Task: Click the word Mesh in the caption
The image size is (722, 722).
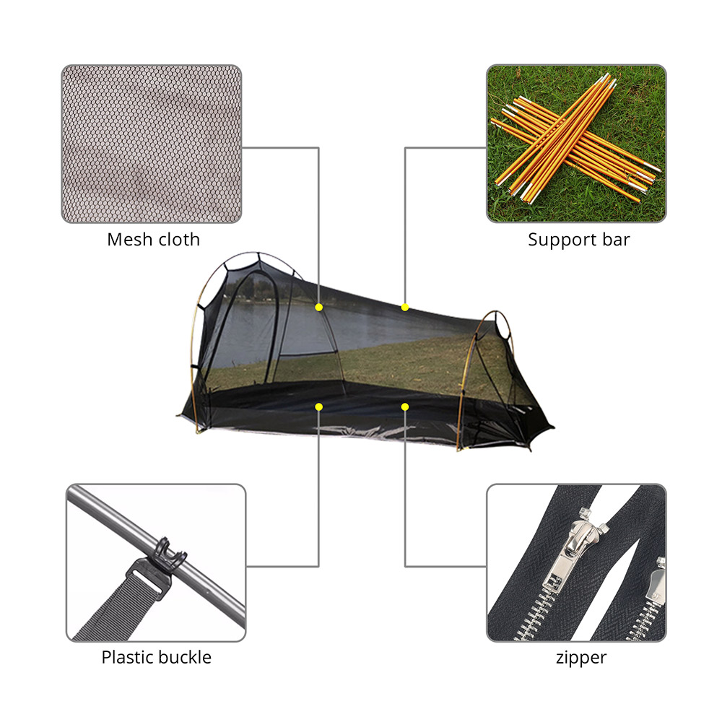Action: click(130, 240)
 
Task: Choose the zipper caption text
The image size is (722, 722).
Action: click(581, 658)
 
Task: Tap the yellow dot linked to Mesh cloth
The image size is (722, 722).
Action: click(318, 307)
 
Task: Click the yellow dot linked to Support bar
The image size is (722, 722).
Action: click(405, 307)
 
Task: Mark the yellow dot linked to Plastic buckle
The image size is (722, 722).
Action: click(318, 406)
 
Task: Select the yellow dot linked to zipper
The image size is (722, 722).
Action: click(405, 406)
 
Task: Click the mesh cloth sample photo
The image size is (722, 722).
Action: click(152, 144)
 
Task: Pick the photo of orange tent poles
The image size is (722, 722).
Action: click(576, 143)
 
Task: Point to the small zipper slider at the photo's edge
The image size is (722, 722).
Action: click(656, 580)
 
